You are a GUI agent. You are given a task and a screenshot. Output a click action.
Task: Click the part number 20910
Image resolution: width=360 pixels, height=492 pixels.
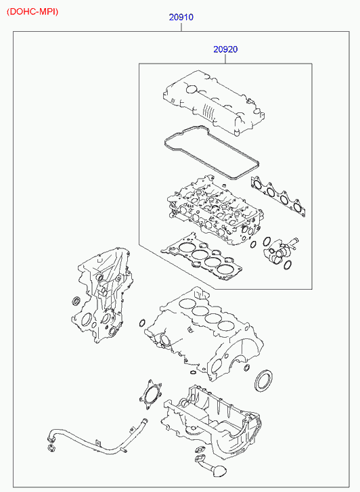click(x=181, y=17)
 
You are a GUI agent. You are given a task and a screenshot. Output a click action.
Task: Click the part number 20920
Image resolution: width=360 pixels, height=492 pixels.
click(x=225, y=49)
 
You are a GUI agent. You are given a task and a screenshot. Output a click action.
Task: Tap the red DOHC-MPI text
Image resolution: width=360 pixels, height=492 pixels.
click(x=32, y=12)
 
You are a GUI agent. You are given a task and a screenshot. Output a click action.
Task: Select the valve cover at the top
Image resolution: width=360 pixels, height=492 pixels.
click(x=214, y=102)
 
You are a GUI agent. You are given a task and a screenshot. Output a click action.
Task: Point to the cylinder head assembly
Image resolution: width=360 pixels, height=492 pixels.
click(x=216, y=210)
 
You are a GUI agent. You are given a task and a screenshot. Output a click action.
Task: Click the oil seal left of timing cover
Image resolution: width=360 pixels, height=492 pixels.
click(x=76, y=301)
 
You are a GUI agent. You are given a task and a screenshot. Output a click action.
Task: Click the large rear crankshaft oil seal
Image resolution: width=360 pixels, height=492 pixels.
click(x=263, y=381)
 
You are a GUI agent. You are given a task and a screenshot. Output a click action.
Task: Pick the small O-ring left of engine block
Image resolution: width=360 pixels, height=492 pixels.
click(x=142, y=323)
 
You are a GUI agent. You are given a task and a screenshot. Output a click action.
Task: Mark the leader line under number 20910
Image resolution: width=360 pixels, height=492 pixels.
click(x=181, y=27)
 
